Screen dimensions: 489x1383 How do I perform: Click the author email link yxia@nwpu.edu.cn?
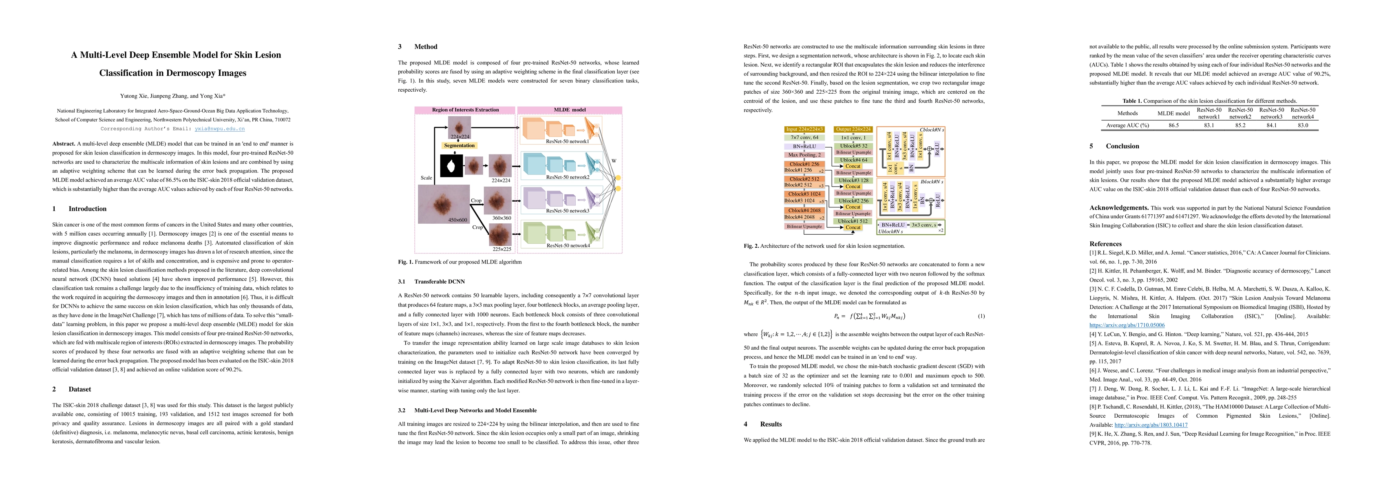[220, 129]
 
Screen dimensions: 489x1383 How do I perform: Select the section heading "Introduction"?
[88, 209]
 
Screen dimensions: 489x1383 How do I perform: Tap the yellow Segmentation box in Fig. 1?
[459, 145]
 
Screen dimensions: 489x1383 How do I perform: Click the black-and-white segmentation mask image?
[451, 165]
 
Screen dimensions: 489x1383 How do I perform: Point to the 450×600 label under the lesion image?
[457, 220]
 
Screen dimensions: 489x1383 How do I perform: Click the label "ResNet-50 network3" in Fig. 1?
[568, 211]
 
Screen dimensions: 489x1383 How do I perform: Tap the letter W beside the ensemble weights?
[614, 161]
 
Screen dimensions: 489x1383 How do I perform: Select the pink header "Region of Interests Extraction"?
[465, 110]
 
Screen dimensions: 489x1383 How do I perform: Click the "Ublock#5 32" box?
[853, 146]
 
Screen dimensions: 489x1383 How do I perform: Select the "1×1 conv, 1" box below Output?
[853, 137]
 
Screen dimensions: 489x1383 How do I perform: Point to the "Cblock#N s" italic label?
[932, 130]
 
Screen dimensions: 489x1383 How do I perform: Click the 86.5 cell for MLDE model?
[1173, 125]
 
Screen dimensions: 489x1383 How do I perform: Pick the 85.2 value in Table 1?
[1240, 125]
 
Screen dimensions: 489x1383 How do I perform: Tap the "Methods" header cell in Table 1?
[1127, 113]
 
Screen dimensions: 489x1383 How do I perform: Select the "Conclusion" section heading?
[1122, 146]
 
